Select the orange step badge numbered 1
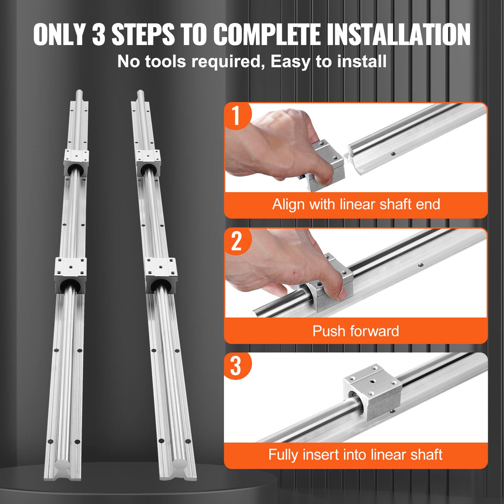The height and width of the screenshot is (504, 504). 237,115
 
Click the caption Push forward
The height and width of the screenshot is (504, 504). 356,331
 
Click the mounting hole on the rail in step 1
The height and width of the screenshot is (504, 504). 392,154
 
